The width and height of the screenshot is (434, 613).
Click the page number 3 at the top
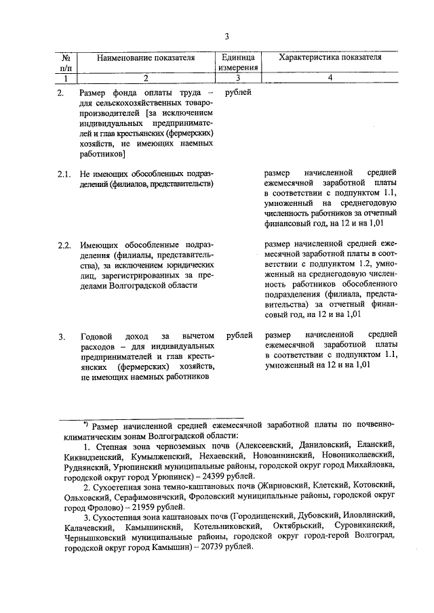click(227, 37)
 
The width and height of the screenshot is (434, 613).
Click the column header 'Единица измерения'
click(237, 62)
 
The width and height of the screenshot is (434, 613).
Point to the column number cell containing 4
click(330, 78)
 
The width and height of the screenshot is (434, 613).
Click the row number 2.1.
click(64, 174)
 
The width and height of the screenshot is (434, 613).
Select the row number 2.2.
click(64, 245)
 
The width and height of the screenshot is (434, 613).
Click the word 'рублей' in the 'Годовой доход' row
click(239, 335)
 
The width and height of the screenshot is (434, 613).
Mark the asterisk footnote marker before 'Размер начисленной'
click(86, 423)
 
